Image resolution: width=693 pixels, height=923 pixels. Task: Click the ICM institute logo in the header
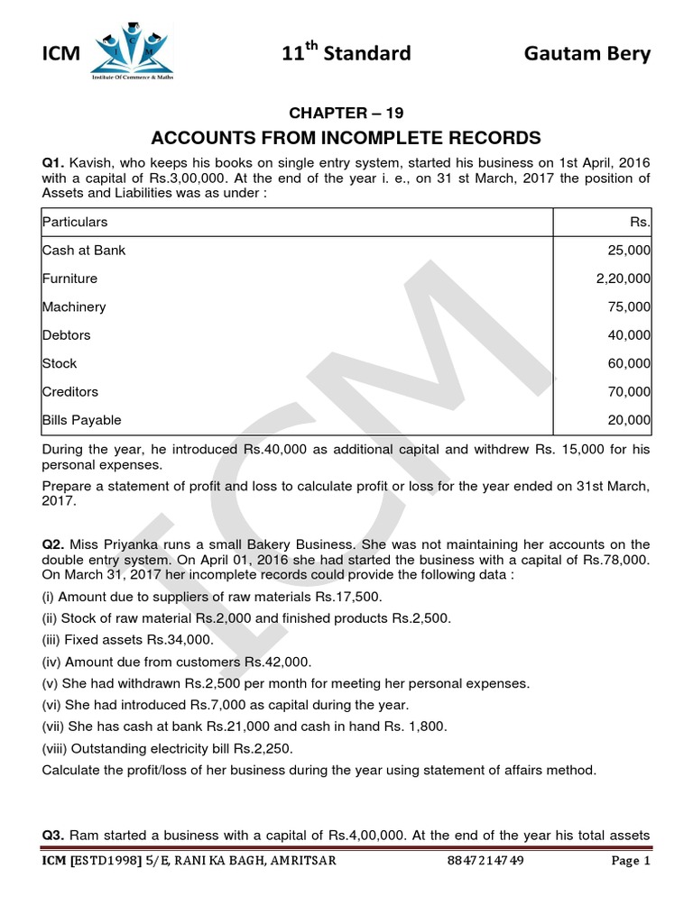coord(132,53)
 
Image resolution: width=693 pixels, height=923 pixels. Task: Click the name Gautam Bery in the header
coord(587,54)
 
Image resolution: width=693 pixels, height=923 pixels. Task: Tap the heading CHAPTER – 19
coord(346,113)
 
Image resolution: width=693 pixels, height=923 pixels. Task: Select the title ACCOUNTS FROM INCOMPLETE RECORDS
coord(346,138)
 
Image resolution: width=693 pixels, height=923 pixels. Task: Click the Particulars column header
coord(75,222)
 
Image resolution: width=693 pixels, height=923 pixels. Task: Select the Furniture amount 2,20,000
coord(624,279)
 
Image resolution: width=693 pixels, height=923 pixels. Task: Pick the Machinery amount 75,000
coord(630,306)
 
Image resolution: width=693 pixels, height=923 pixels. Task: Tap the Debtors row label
coord(66,335)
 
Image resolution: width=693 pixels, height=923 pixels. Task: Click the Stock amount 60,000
coord(630,363)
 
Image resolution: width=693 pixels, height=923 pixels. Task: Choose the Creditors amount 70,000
coord(630,392)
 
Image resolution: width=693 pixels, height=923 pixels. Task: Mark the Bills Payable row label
coord(81,420)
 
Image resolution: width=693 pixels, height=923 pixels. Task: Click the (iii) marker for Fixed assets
coord(51,640)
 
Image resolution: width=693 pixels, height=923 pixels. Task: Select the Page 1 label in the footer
coord(630,861)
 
